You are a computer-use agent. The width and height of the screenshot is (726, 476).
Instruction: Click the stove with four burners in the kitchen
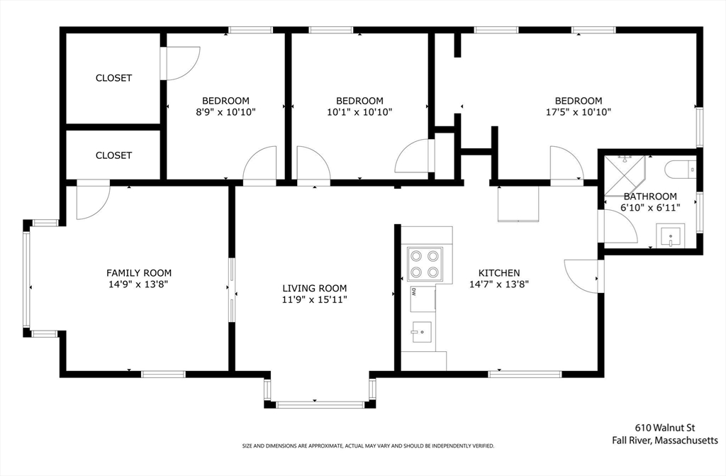click(x=425, y=265)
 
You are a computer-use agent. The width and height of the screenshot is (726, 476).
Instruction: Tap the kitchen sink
click(x=422, y=331)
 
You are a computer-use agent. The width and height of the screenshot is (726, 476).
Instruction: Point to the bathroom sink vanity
click(x=671, y=236)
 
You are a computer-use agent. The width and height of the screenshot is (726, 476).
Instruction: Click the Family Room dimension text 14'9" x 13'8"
click(x=139, y=284)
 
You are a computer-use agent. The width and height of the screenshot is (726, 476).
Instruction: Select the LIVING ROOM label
click(x=315, y=288)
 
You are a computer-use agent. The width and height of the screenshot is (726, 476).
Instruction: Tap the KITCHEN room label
click(x=499, y=272)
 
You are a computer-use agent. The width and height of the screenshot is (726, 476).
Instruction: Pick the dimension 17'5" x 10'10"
click(x=579, y=111)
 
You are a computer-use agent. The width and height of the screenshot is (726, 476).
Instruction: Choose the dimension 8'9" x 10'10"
click(x=225, y=111)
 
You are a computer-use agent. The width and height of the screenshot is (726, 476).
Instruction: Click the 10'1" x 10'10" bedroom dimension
click(x=359, y=111)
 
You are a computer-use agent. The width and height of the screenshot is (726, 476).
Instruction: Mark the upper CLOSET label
click(x=113, y=78)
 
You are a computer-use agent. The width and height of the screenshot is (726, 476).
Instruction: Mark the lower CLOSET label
click(x=113, y=155)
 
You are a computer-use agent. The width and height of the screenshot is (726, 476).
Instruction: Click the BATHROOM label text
click(x=650, y=196)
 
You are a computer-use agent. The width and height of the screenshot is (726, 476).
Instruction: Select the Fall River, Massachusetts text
click(x=665, y=441)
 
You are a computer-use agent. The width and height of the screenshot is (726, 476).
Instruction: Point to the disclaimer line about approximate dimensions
click(x=368, y=446)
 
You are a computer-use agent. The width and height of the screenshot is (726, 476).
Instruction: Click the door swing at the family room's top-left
click(x=91, y=201)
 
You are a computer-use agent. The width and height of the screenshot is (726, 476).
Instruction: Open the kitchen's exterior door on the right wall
click(x=583, y=275)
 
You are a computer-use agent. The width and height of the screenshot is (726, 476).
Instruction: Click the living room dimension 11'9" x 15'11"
click(x=315, y=299)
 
